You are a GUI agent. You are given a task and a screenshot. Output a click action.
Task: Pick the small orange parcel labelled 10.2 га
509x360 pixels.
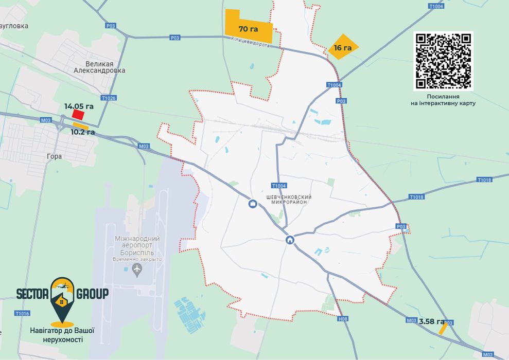(80, 125)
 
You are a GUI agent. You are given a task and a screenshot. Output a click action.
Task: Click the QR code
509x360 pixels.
(443, 61)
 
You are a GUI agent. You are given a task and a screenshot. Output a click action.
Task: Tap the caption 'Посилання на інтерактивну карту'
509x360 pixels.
(443, 100)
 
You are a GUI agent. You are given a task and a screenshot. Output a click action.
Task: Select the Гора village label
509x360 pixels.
(54, 156)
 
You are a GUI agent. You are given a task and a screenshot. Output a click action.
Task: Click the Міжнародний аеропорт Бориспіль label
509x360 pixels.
(137, 246)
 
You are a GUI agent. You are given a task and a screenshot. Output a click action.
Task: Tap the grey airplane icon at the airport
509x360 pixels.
(137, 269)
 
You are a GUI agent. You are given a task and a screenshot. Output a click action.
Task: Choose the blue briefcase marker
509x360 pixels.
(253, 204)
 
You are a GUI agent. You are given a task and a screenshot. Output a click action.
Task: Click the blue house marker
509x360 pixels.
(290, 240)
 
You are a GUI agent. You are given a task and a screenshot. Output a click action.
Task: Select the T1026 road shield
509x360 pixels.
(109, 98)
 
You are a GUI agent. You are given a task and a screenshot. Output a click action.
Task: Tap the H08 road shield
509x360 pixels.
(343, 319)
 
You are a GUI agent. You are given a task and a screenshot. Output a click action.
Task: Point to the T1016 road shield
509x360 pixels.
(22, 313)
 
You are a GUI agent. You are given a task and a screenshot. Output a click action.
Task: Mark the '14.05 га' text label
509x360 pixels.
(79, 106)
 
